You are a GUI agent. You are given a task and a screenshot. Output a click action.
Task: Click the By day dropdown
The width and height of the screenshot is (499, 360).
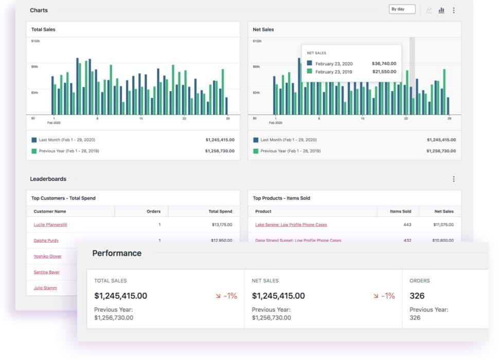point(402,9)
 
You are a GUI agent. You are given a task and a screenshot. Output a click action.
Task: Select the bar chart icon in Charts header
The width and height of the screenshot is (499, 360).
point(441,10)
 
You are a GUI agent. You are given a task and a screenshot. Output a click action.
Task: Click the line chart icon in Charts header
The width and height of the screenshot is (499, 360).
point(429,10)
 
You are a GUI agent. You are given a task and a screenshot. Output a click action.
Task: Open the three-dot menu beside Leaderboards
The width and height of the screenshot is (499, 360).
point(453,179)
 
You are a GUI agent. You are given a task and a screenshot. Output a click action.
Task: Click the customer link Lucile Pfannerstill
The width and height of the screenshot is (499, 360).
point(50,225)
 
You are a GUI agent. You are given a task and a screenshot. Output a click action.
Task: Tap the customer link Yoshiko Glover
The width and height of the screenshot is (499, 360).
point(47,256)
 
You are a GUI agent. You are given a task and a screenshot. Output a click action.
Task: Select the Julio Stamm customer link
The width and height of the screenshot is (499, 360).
point(45,288)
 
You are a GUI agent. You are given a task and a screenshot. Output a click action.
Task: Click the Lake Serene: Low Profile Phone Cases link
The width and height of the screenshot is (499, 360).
point(291,225)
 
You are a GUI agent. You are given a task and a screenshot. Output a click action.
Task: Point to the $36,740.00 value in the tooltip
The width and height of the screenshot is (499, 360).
point(384,64)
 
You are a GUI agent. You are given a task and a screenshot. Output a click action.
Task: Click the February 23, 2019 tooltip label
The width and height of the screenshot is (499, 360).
point(333,72)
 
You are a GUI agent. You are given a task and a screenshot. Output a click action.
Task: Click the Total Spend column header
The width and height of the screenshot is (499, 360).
point(220,211)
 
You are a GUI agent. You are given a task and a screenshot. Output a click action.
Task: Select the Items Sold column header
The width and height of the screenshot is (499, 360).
point(400,211)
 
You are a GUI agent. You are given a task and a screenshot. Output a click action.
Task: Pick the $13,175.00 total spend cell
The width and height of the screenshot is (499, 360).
point(222,225)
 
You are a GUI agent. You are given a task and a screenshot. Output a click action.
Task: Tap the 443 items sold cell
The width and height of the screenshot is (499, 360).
point(407,225)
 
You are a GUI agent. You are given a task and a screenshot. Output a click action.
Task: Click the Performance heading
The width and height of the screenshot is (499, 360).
point(117,253)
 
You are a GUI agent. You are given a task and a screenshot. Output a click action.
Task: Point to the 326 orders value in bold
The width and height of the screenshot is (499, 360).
point(417,296)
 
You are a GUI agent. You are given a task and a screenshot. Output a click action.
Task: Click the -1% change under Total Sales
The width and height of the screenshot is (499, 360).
point(226,296)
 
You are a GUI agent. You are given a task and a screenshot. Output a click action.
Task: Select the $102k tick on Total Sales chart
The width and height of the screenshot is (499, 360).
point(35,41)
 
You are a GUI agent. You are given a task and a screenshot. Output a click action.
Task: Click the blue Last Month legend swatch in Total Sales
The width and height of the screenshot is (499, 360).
point(34,140)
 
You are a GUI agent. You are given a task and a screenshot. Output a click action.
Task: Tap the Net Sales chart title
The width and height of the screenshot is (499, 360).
point(263,29)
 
